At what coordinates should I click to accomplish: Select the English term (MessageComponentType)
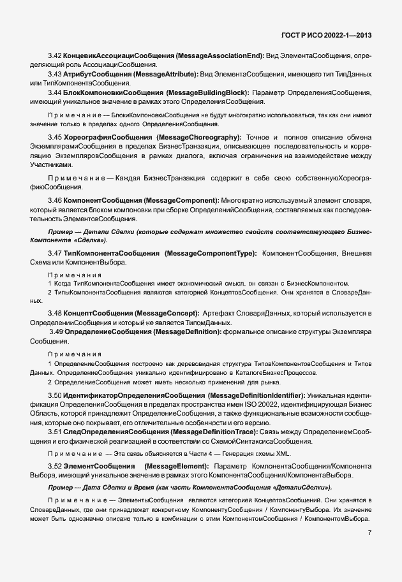[x=211, y=254]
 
